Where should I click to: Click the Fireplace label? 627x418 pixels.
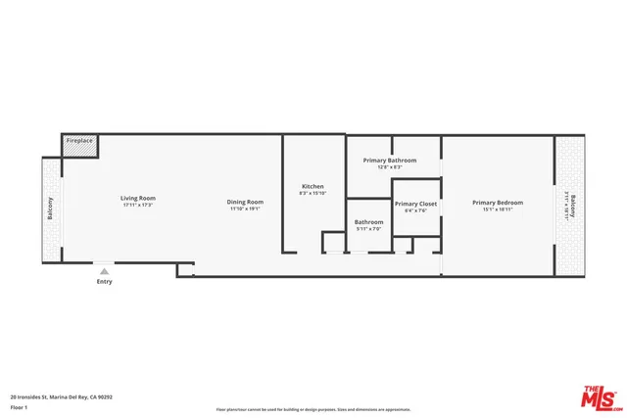pyautogui.click(x=79, y=141)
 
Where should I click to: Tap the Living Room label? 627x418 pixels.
pyautogui.click(x=138, y=198)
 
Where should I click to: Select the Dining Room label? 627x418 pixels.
pyautogui.click(x=247, y=202)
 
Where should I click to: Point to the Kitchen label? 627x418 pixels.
pyautogui.click(x=313, y=186)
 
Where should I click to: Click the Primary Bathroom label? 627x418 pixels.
pyautogui.click(x=390, y=160)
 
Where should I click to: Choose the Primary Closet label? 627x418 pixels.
pyautogui.click(x=416, y=204)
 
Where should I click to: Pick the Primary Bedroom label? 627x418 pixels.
pyautogui.click(x=498, y=203)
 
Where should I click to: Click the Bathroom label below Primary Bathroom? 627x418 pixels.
pyautogui.click(x=369, y=222)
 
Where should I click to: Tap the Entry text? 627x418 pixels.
pyautogui.click(x=104, y=282)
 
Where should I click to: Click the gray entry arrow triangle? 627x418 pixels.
pyautogui.click(x=104, y=270)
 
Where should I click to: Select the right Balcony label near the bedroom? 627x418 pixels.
pyautogui.click(x=574, y=207)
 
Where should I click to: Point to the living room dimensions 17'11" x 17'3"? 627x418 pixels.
pyautogui.click(x=138, y=206)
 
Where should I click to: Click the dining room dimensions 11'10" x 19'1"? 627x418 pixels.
pyautogui.click(x=247, y=209)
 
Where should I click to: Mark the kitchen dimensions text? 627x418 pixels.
pyautogui.click(x=313, y=193)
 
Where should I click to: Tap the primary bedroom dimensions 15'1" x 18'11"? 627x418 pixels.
pyautogui.click(x=498, y=209)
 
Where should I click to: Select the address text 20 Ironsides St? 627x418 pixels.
pyautogui.click(x=62, y=397)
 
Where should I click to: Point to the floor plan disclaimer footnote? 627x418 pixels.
pyautogui.click(x=313, y=409)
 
